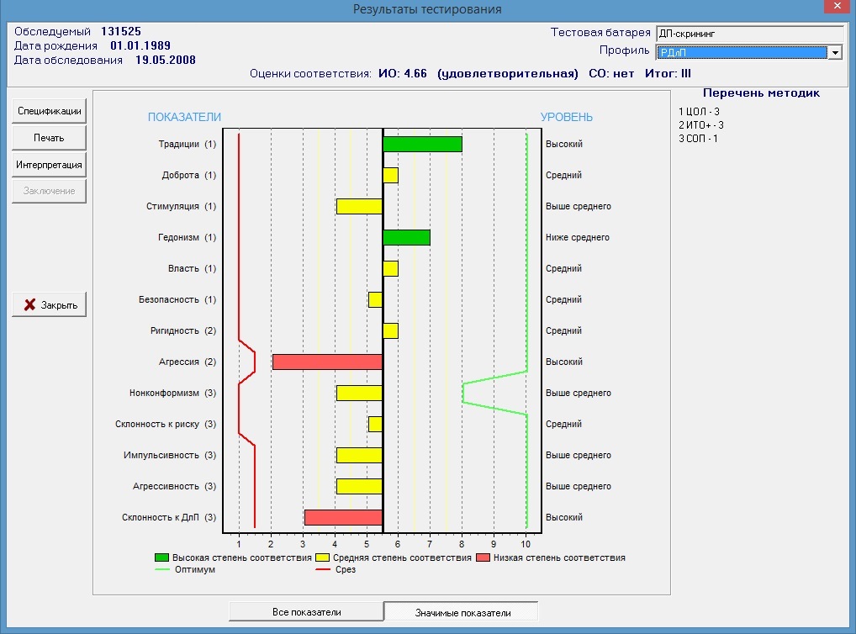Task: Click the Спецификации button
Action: coord(50,111)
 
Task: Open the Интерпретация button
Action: coord(50,165)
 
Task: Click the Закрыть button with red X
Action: coord(50,305)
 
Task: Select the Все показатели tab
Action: coord(306,612)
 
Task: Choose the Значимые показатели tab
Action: coord(461,612)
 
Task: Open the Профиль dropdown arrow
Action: coord(835,52)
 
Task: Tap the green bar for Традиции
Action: coord(422,144)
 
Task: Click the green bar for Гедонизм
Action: coord(406,237)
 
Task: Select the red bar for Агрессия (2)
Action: coord(327,362)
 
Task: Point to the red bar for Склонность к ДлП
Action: coord(343,517)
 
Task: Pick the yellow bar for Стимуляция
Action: coord(359,206)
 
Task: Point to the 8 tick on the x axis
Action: coord(462,543)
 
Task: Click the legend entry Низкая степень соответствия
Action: coord(557,557)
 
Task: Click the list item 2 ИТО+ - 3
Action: coord(701,124)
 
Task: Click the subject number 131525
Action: coord(121,31)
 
